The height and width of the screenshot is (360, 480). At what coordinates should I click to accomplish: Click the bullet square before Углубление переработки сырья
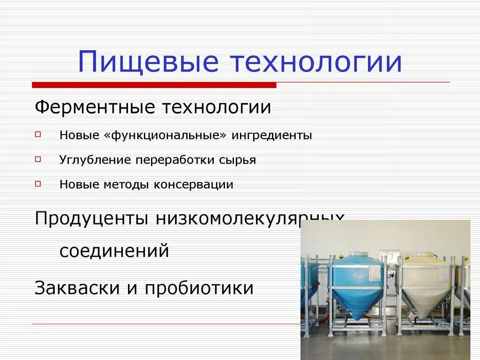point(38,159)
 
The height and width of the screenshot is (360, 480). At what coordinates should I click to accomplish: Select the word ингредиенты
point(272,135)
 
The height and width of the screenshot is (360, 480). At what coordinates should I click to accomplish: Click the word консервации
point(193,185)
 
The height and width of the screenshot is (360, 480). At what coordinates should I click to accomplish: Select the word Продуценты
point(92,219)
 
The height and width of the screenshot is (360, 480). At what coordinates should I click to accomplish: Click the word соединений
point(114,251)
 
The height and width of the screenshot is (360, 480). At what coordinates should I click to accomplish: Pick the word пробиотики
point(199,288)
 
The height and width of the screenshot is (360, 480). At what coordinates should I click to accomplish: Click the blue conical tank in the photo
point(357,286)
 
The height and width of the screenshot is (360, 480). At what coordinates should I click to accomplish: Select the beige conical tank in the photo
point(426,286)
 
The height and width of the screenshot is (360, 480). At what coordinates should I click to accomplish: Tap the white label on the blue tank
point(375,270)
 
